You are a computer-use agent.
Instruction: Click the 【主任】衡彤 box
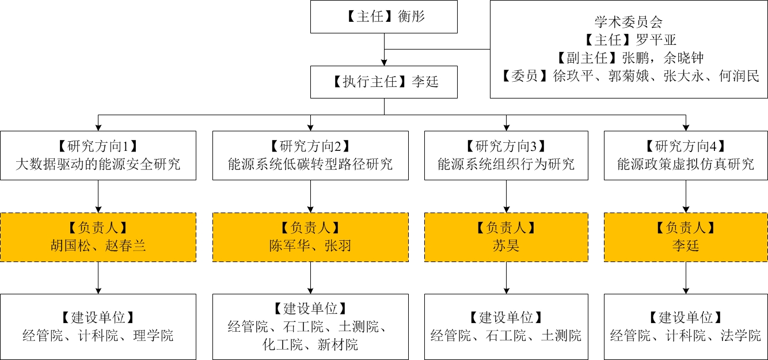point(384,17)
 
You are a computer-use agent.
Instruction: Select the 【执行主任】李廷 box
point(384,82)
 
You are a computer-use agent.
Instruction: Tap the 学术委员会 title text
point(628,22)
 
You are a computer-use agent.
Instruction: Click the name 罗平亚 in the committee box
point(656,40)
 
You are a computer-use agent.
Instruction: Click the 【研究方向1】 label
point(98,146)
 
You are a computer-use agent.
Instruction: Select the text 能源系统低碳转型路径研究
point(310,164)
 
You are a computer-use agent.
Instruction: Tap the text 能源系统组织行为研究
point(506,164)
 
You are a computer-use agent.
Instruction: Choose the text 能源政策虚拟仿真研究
point(686,164)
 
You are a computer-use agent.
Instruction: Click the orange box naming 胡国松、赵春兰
point(98,237)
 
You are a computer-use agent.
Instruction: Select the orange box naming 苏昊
point(506,237)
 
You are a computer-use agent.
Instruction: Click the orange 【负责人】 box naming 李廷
point(686,237)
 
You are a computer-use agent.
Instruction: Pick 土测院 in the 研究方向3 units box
point(561,335)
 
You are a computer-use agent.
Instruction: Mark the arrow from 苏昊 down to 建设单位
point(506,278)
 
